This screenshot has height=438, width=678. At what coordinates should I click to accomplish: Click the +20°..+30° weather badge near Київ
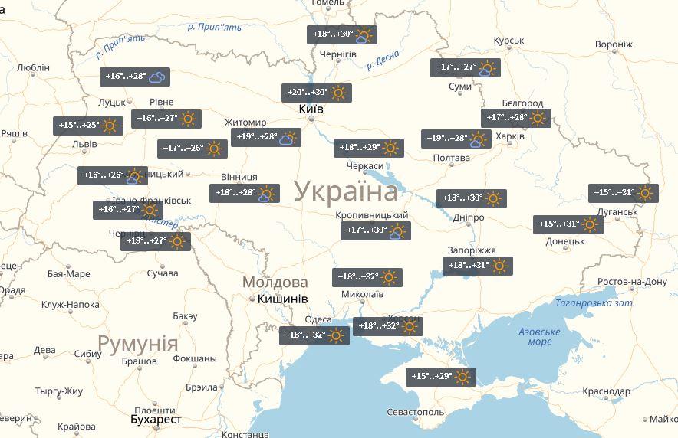point(317,93)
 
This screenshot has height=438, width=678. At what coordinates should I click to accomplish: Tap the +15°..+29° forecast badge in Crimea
point(440,377)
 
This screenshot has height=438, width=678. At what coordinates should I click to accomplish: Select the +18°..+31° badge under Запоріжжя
point(477,266)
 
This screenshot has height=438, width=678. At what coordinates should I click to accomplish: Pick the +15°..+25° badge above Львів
point(88,126)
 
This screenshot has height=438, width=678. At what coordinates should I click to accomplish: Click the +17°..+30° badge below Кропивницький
point(376,230)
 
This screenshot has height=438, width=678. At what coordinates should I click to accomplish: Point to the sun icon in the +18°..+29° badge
point(391,148)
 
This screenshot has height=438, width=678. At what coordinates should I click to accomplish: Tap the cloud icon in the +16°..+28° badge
point(157,77)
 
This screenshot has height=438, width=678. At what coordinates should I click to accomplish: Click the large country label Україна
point(345,190)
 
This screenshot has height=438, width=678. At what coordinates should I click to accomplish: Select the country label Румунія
point(137,342)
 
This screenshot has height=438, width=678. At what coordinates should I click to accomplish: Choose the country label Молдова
point(275,282)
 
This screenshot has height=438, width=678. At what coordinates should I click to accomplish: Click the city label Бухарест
point(156,419)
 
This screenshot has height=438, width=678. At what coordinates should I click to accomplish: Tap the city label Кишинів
point(283,298)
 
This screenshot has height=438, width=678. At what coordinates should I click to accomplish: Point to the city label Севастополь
point(416,412)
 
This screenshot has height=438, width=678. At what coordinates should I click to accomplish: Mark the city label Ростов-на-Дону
point(632,282)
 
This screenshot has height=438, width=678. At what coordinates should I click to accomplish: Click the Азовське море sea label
point(539,336)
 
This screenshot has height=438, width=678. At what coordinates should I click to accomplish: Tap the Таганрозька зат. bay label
point(595,303)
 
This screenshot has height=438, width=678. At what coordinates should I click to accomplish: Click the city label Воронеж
point(614,44)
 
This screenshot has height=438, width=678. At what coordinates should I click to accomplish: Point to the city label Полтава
point(451,159)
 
